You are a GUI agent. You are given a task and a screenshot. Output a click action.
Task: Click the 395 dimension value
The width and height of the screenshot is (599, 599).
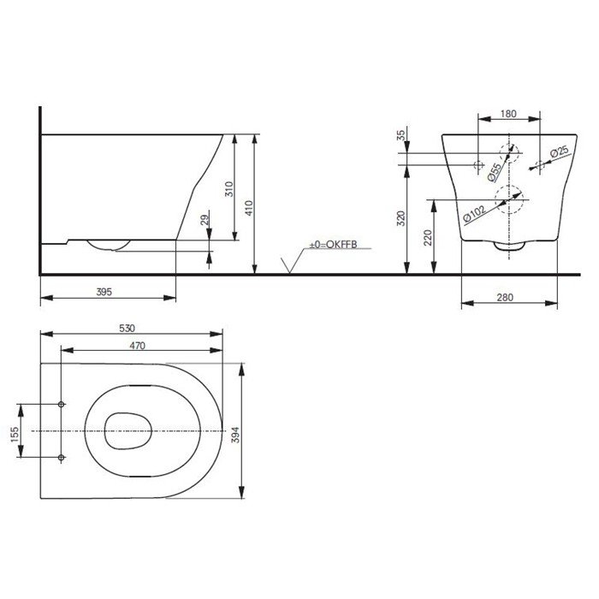104,292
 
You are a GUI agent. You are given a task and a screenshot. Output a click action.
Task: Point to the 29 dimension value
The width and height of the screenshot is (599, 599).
204,221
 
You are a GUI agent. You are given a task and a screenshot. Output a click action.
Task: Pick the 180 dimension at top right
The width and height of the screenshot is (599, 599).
508,113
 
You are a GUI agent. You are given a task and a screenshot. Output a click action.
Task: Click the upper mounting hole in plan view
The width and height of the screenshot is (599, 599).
62,404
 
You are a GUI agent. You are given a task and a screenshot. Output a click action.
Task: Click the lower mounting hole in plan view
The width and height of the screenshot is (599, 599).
62,458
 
